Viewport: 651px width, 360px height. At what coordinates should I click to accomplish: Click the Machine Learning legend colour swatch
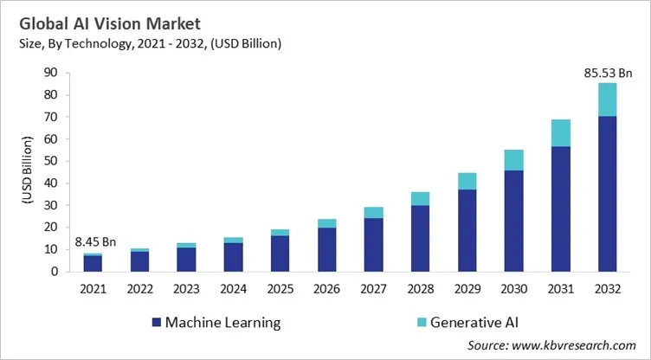156,323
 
